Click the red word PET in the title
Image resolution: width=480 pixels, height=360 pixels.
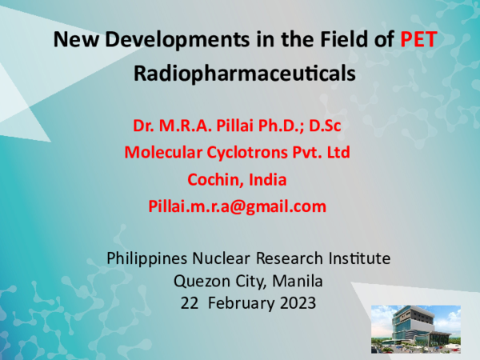tap(418, 38)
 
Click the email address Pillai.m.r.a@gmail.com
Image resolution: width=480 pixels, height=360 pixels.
tap(237, 206)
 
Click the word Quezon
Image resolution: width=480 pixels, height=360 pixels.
tap(200, 281)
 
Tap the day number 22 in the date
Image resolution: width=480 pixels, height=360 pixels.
tap(188, 303)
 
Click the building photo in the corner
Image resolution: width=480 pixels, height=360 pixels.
tap(415, 328)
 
